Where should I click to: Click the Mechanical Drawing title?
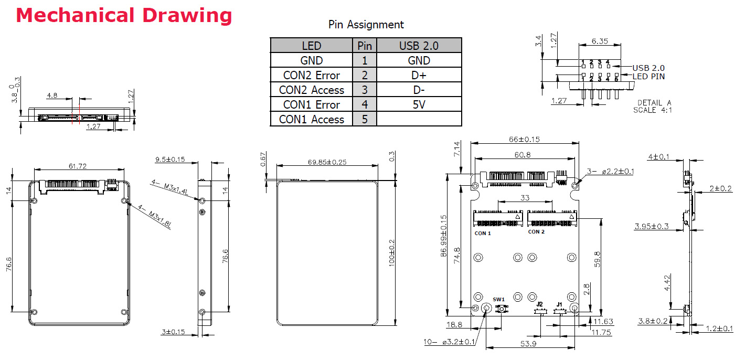pos(124,15)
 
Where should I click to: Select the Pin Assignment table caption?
pos(366,25)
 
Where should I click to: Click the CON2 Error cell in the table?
pos(311,75)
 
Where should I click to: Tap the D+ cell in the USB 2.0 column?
pos(419,75)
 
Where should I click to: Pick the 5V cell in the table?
pos(419,104)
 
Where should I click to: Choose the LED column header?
pos(311,46)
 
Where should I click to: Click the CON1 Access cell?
pos(311,119)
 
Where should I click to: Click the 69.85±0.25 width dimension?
pos(327,162)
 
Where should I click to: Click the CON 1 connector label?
pos(483,233)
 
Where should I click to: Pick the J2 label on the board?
pos(539,304)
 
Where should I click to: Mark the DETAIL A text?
pos(654,103)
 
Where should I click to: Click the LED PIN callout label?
pos(649,77)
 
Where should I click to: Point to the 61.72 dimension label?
pos(78,166)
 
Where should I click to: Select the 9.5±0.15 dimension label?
pos(171,158)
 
